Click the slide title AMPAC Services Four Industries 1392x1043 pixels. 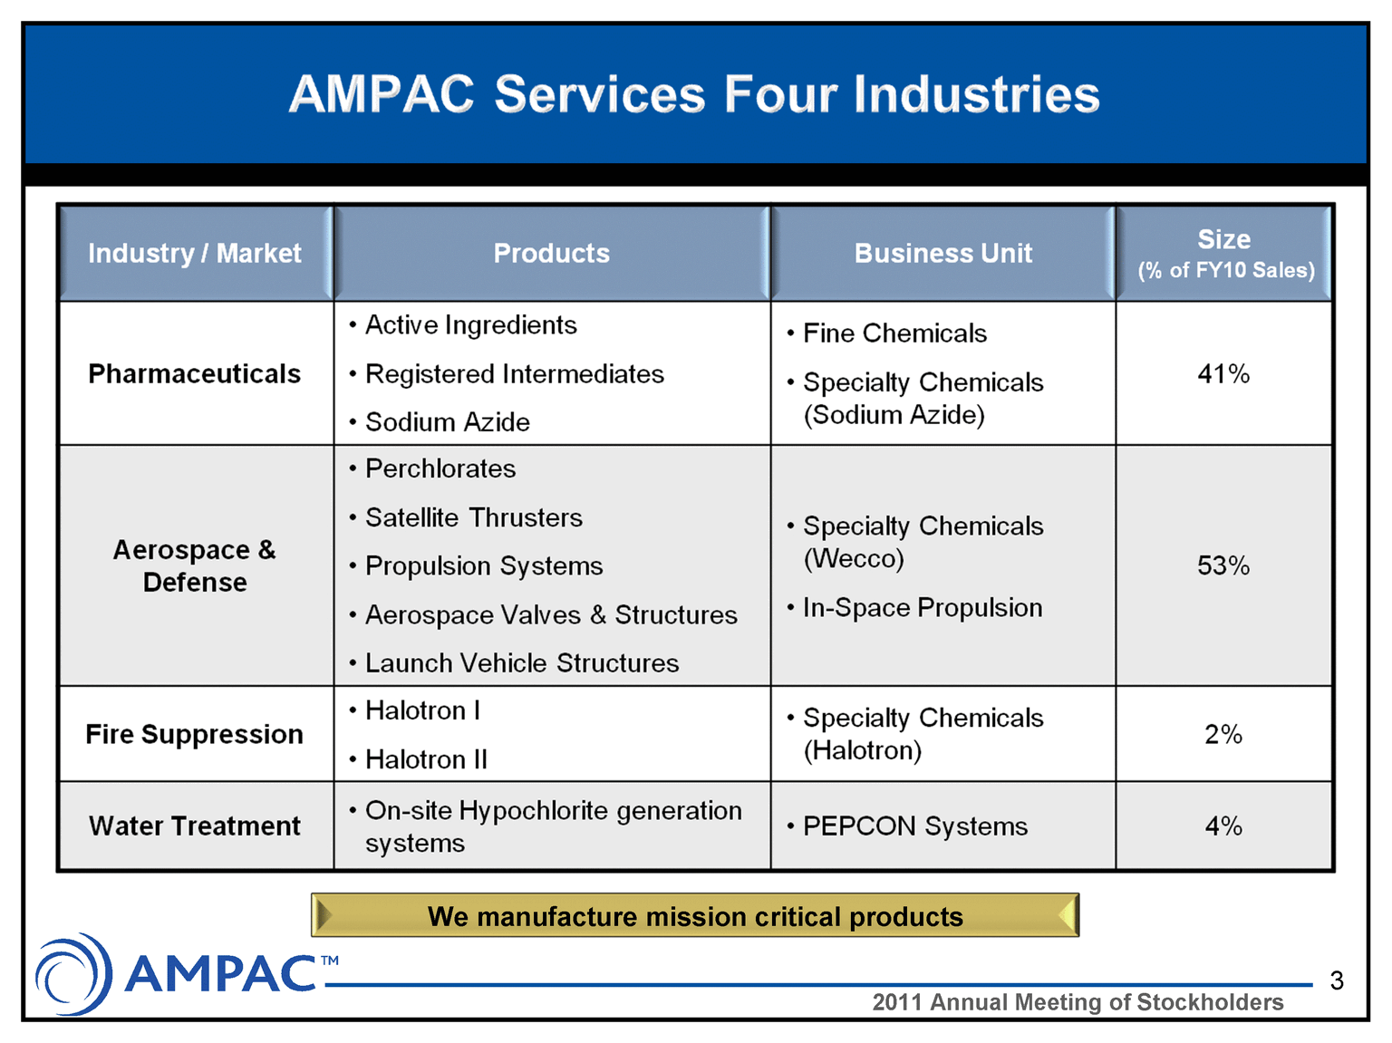pos(694,94)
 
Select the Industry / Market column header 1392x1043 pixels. pos(195,253)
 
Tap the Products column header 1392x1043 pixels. pos(551,253)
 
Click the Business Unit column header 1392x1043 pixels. pos(943,253)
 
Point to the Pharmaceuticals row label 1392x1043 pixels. pos(195,373)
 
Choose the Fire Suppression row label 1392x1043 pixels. pos(195,734)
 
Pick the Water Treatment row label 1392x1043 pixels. pos(195,826)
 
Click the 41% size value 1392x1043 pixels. pos(1223,373)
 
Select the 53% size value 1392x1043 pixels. pos(1223,565)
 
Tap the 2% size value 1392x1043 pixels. pos(1223,734)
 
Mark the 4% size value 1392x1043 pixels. pos(1223,826)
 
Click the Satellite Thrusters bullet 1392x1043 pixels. pos(466,517)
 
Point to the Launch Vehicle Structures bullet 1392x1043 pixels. pos(515,662)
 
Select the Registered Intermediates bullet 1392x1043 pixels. pos(507,373)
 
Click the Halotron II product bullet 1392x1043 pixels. pos(419,759)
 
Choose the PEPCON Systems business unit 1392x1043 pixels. pos(907,826)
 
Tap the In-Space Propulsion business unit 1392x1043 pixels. pos(915,607)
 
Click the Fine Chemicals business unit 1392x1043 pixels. pos(887,333)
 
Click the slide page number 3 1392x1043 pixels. pos(1337,980)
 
